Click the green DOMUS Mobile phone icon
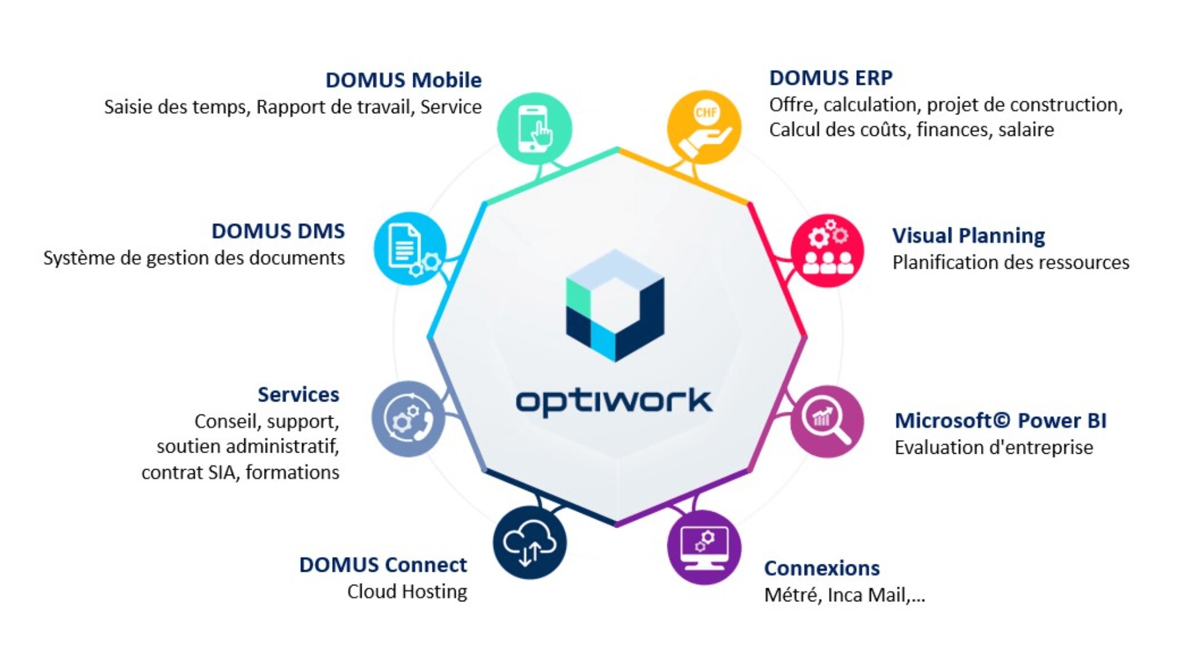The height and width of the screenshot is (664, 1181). coord(534,128)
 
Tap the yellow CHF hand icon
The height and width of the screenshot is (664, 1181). coord(704,128)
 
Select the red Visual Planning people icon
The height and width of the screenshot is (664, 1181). coord(827,250)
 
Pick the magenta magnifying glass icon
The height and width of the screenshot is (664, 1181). coord(827,421)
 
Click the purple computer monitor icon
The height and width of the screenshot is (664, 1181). coord(704,547)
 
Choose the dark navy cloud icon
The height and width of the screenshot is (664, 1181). coord(529,542)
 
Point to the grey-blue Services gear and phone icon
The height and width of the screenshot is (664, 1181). coord(408,419)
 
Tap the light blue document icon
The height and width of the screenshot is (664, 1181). coord(410,248)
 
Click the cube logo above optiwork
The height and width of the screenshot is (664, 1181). coord(614,306)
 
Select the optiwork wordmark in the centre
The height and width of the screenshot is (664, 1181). coord(613,401)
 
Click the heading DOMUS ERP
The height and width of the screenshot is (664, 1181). coord(830,78)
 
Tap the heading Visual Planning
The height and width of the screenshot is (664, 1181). coord(968,235)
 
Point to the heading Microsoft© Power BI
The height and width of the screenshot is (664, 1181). coord(1000,421)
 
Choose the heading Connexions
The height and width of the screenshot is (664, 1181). coord(822,568)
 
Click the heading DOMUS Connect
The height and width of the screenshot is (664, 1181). coord(383,564)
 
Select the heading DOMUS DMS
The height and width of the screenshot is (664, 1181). coord(278,231)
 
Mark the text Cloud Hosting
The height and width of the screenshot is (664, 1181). coord(407,591)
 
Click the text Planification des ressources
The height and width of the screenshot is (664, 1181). coord(1011,263)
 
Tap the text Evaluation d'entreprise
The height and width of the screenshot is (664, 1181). coord(993,448)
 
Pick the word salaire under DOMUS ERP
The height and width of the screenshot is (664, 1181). coord(1025,130)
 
